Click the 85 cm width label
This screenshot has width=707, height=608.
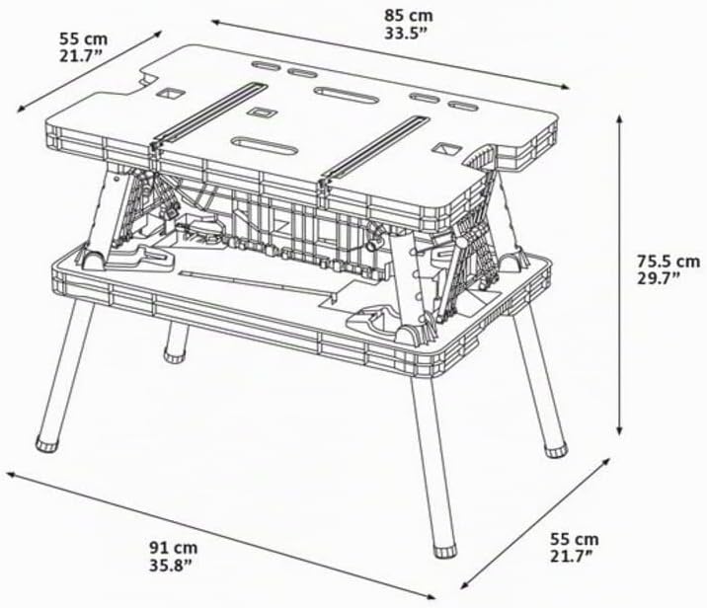click(408, 16)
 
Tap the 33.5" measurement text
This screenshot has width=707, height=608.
click(405, 34)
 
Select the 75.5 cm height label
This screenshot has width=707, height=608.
click(668, 261)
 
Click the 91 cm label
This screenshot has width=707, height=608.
click(174, 548)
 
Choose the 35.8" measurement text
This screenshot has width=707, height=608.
click(171, 566)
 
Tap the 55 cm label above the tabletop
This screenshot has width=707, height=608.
click(83, 38)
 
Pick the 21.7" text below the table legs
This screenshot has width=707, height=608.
click(572, 556)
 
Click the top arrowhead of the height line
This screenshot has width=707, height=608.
click(620, 118)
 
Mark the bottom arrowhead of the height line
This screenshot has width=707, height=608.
click(620, 431)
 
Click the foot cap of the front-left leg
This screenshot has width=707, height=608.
click(46, 443)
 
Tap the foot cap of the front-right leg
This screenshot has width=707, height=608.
click(445, 551)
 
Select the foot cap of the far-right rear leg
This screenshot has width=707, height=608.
click(556, 451)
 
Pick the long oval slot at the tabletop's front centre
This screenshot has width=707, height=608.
click(264, 145)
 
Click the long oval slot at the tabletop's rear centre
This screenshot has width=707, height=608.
click(347, 95)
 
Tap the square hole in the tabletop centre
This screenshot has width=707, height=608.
click(260, 113)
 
